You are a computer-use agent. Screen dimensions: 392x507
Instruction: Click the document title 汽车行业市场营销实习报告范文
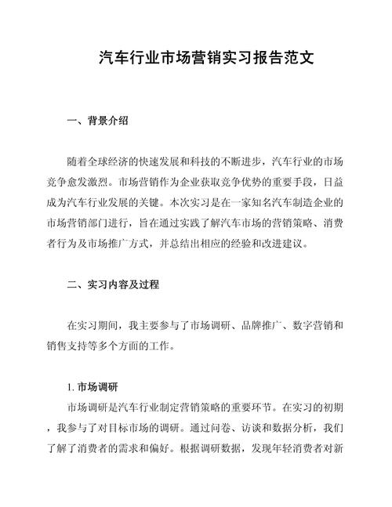pos(196,58)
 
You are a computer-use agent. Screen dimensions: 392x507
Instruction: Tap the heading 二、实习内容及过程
pos(114,284)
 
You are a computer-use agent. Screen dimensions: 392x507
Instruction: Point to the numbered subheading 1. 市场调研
pos(93,386)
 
